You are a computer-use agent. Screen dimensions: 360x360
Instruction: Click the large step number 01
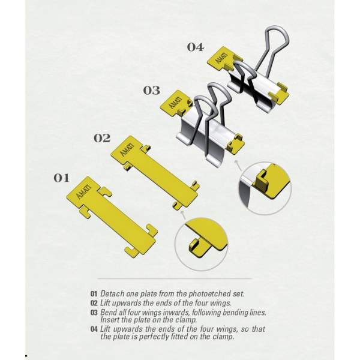(61, 178)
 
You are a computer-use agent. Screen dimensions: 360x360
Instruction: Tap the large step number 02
(102, 138)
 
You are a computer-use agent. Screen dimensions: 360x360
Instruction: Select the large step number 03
(152, 91)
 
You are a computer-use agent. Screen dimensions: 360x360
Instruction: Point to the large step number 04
(195, 47)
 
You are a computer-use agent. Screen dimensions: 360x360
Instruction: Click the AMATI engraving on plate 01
(83, 191)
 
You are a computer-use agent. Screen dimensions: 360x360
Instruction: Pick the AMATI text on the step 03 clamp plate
(175, 103)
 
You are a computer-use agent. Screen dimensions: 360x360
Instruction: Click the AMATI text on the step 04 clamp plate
(221, 58)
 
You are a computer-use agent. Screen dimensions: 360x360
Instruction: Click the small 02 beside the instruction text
(94, 303)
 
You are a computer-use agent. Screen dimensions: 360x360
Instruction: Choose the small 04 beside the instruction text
(94, 329)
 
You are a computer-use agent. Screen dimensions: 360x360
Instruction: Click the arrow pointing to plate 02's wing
(184, 215)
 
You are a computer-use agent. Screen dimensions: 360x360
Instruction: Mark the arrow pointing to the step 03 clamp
(238, 165)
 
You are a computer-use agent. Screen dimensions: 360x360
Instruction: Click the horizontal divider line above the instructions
(175, 279)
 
